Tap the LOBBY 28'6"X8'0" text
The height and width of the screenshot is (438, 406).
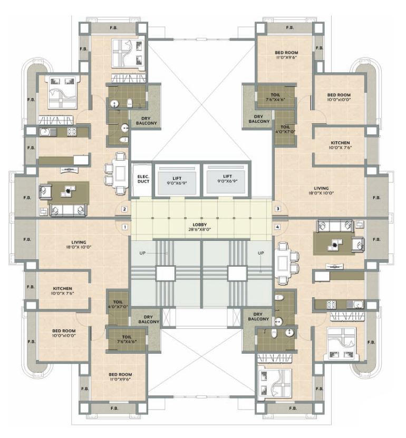tap(201, 227)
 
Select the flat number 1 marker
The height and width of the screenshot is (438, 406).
tap(124, 227)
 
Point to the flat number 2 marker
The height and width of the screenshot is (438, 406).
tap(124, 209)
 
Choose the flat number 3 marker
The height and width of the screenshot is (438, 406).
tap(278, 209)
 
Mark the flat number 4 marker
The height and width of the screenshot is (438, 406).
tap(278, 227)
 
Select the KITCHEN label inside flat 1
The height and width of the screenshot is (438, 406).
tap(62, 290)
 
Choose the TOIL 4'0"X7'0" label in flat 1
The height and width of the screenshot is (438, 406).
tap(118, 305)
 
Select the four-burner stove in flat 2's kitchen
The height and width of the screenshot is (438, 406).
tap(71, 131)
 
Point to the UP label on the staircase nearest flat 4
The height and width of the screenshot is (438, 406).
tap(260, 254)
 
